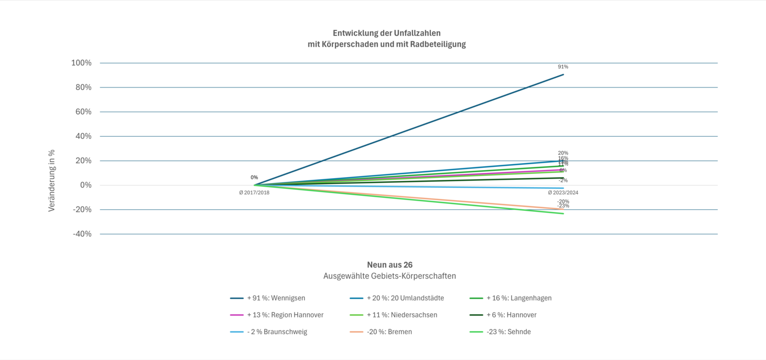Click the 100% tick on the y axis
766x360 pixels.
point(82,63)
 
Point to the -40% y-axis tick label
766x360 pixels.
point(82,234)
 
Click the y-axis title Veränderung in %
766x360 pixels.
point(51,180)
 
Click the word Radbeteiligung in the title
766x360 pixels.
point(438,44)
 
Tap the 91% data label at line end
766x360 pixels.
point(563,67)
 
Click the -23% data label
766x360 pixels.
point(563,206)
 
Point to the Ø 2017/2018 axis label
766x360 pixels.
point(254,193)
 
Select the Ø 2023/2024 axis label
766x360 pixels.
point(563,193)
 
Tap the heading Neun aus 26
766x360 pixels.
point(389,265)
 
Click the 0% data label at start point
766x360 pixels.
point(254,178)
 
